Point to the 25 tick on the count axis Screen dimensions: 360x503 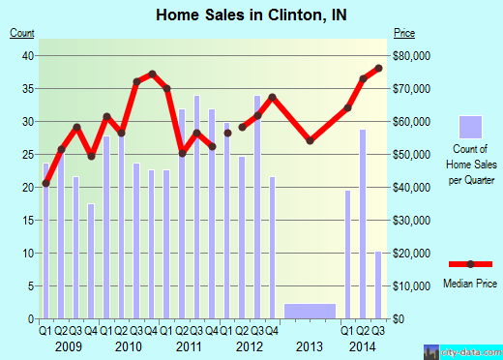pyautogui.click(x=29, y=155)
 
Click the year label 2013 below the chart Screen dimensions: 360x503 pyautogui.click(x=310, y=346)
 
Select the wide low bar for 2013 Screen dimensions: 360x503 pyautogui.click(x=311, y=311)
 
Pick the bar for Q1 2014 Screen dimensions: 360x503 pyautogui.click(x=348, y=254)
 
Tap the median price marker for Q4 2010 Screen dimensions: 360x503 pyautogui.click(x=152, y=74)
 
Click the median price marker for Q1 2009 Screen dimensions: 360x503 pyautogui.click(x=45, y=183)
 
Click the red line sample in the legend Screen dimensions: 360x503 pyautogui.click(x=469, y=264)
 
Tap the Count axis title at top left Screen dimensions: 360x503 pyautogui.click(x=21, y=33)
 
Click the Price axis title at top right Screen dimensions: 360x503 pyautogui.click(x=403, y=33)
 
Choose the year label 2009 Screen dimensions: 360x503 pyautogui.click(x=68, y=346)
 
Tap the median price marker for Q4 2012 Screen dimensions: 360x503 pyautogui.click(x=273, y=97)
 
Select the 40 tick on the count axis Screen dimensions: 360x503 pyautogui.click(x=29, y=56)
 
